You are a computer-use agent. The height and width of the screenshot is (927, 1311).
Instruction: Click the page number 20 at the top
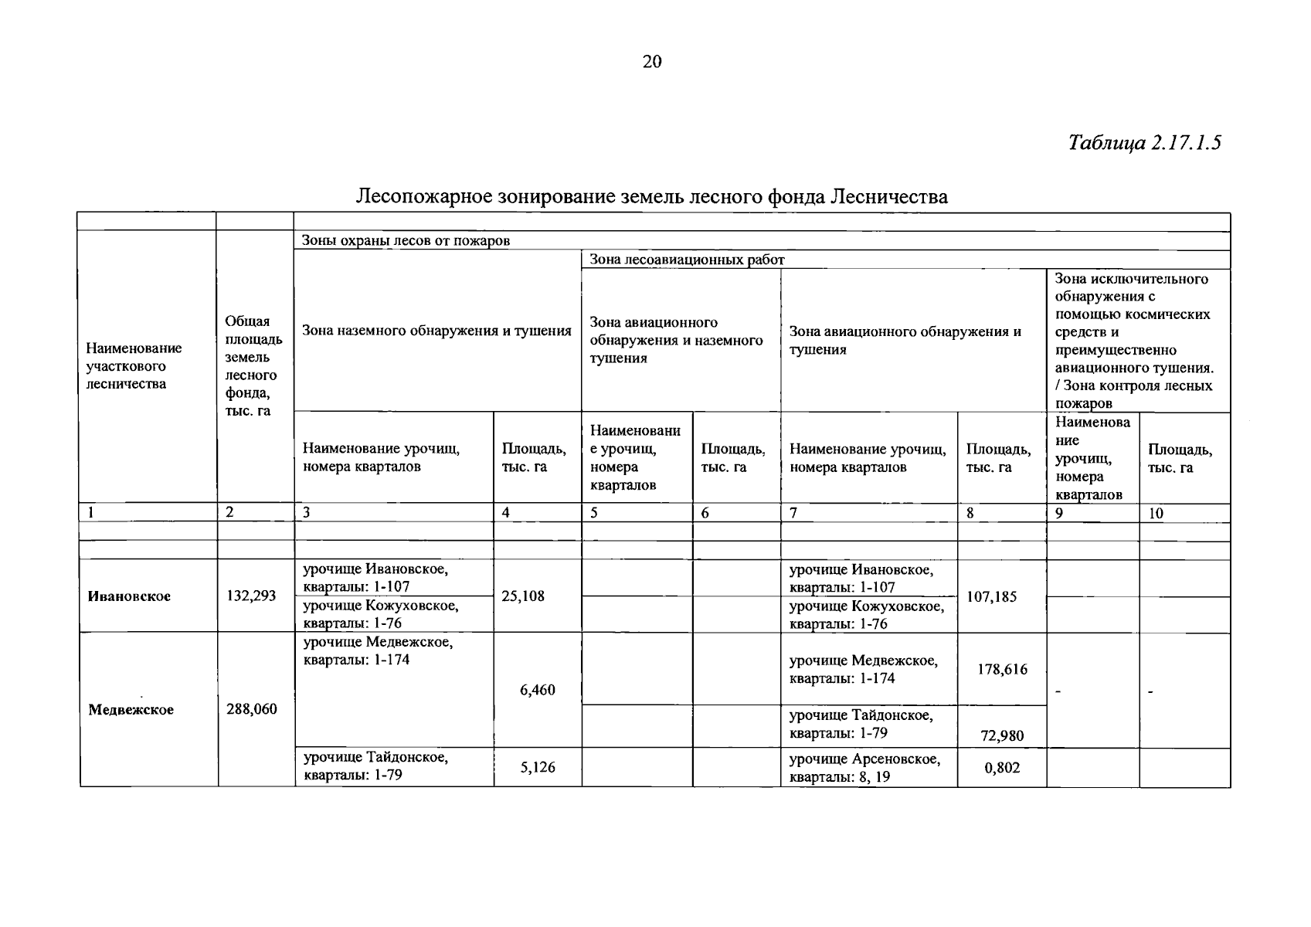pyautogui.click(x=652, y=63)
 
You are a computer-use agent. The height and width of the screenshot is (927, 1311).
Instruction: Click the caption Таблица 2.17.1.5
pyautogui.click(x=1144, y=143)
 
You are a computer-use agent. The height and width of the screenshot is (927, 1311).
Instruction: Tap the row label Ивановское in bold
pyautogui.click(x=129, y=596)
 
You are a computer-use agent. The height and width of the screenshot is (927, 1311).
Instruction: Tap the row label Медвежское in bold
pyautogui.click(x=131, y=710)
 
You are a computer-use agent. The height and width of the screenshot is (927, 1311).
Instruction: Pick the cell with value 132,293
pyautogui.click(x=250, y=596)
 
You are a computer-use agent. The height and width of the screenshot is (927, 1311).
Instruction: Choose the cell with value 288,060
pyautogui.click(x=251, y=709)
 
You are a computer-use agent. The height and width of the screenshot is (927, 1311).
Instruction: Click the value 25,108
pyautogui.click(x=523, y=596)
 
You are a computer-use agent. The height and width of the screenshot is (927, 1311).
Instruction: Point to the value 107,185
pyautogui.click(x=992, y=596)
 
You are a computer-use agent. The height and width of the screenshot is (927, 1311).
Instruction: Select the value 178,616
pyautogui.click(x=1002, y=670)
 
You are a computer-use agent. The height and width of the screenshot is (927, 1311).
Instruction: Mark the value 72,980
pyautogui.click(x=1002, y=736)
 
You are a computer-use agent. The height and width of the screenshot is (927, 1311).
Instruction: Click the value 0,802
pyautogui.click(x=1002, y=768)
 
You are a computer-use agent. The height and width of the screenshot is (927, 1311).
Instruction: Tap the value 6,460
pyautogui.click(x=538, y=690)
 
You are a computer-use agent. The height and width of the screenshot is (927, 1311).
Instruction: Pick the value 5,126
pyautogui.click(x=538, y=768)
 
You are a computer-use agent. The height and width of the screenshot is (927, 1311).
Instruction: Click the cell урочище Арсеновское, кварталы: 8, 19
pyautogui.click(x=864, y=768)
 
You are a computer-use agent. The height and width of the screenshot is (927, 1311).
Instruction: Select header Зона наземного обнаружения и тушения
pyautogui.click(x=436, y=331)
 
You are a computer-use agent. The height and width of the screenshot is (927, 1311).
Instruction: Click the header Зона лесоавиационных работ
pyautogui.click(x=687, y=260)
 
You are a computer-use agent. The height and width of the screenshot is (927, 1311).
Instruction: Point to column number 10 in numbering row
pyautogui.click(x=1156, y=514)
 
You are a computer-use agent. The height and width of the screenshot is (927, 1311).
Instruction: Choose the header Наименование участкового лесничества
pyautogui.click(x=134, y=366)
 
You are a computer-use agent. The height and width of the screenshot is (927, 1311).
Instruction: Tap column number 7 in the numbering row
pyautogui.click(x=793, y=514)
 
